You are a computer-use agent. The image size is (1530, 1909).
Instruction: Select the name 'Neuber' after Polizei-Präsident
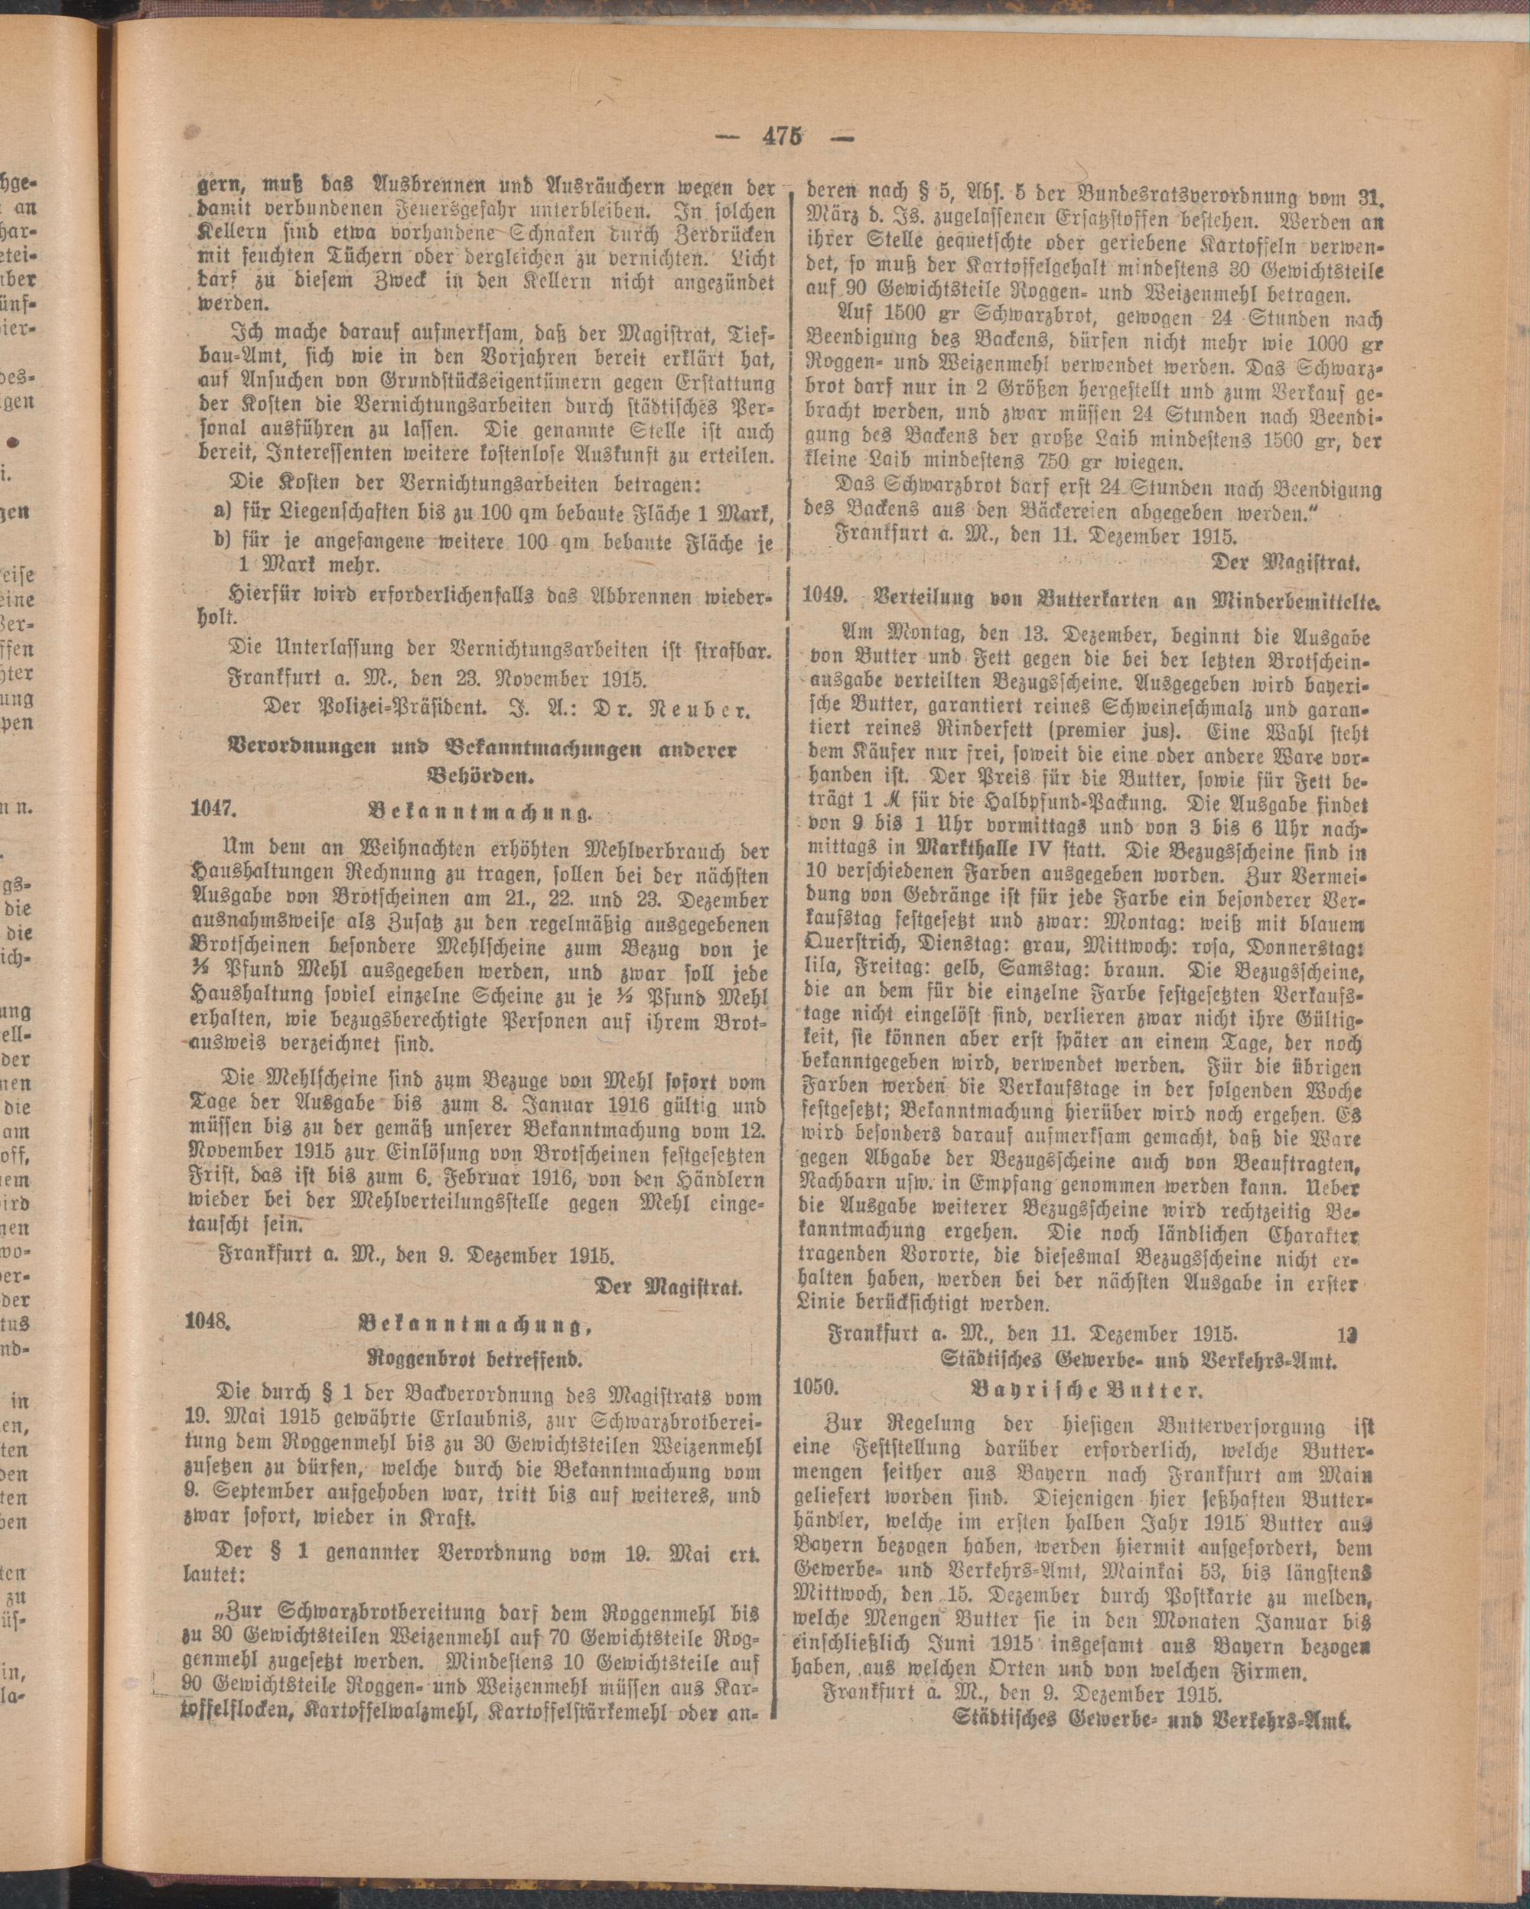tap(704, 709)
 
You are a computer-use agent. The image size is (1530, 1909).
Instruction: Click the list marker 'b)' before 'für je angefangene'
tap(223, 541)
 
